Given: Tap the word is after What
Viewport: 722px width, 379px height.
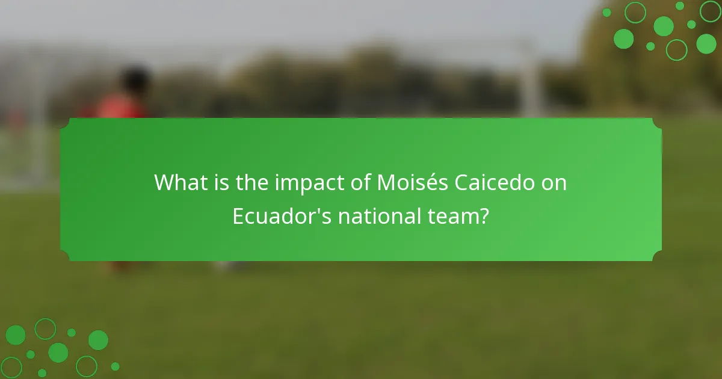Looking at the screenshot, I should [221, 182].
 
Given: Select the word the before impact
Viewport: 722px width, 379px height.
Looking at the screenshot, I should [253, 182].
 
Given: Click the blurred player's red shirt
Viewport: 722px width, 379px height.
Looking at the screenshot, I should [120, 107].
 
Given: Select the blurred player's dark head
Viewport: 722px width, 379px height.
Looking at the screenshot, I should [135, 82].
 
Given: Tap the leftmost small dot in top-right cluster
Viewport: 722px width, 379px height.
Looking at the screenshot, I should [606, 13].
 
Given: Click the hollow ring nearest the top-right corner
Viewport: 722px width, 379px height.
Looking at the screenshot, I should [711, 11].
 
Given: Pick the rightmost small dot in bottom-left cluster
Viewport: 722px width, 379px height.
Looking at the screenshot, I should [115, 366].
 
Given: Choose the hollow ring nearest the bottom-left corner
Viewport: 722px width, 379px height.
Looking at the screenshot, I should [11, 367].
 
